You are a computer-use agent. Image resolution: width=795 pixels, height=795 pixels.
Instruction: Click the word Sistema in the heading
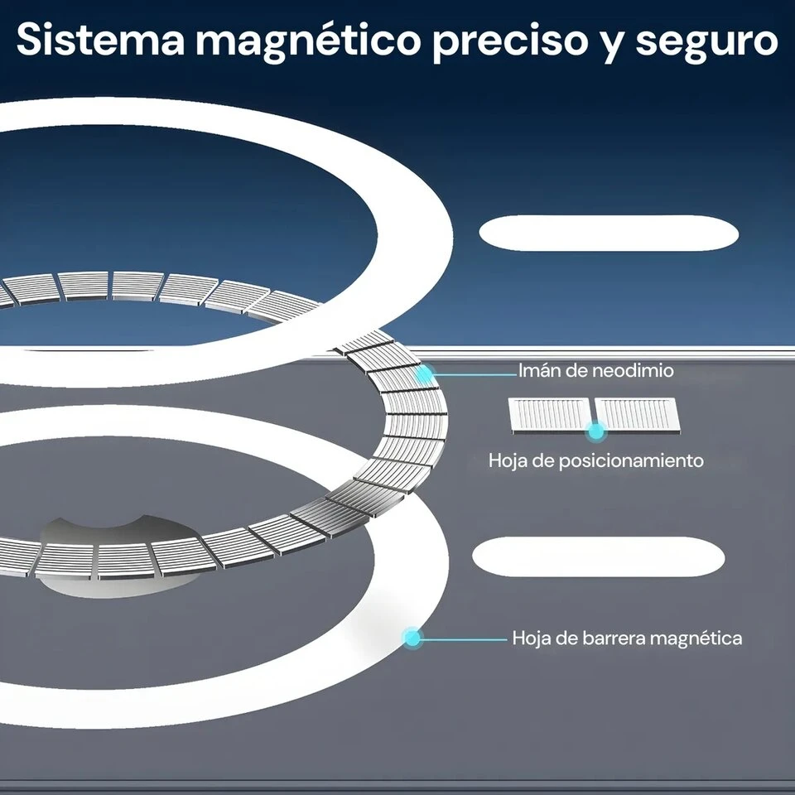[100, 40]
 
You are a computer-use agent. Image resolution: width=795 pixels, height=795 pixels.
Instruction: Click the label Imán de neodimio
[595, 371]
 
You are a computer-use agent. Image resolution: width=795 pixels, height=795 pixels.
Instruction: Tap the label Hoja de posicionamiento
[595, 461]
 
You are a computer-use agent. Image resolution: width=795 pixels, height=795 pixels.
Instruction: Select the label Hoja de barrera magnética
[627, 638]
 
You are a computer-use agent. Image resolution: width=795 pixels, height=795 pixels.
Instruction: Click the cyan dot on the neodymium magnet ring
[424, 374]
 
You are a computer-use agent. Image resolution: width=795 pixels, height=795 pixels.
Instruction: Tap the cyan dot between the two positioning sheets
[596, 431]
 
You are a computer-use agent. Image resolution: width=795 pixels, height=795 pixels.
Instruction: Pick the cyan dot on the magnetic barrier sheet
[412, 638]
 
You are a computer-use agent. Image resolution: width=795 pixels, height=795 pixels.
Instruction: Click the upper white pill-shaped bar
[609, 233]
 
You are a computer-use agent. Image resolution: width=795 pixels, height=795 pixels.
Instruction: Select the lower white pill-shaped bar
[598, 556]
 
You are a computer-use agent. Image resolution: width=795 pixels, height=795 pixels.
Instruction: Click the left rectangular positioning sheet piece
[550, 415]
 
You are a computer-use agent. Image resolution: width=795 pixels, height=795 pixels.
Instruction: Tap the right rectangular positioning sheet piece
[638, 415]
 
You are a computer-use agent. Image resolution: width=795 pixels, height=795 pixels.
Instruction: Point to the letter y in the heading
[612, 46]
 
